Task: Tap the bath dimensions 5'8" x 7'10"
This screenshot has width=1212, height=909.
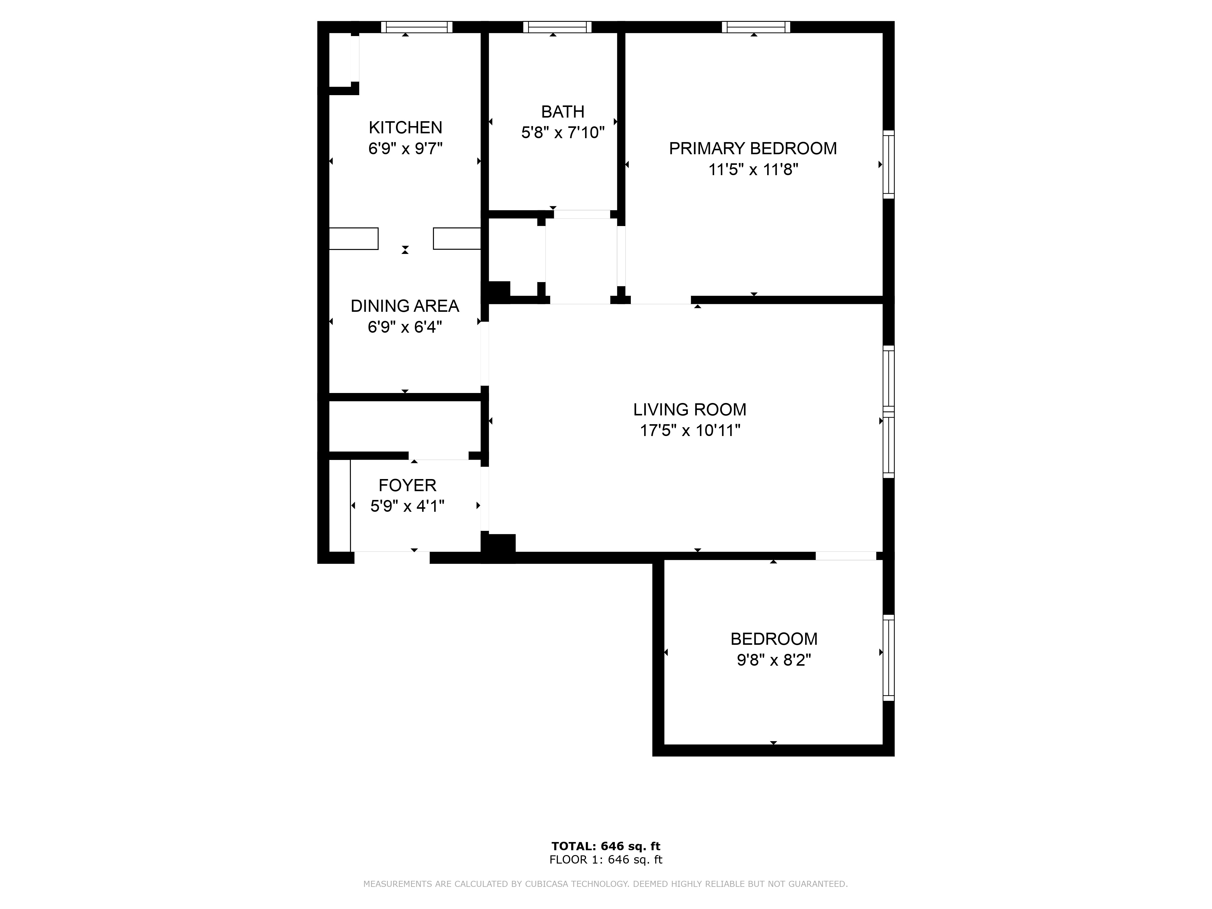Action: point(563,133)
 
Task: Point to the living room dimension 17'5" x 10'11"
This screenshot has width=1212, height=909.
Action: point(690,431)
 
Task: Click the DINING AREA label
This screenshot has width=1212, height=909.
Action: point(405,306)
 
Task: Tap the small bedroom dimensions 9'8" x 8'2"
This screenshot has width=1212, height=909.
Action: point(773,660)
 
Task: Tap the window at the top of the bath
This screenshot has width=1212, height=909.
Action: point(557,27)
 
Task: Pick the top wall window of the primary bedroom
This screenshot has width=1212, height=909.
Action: point(756,27)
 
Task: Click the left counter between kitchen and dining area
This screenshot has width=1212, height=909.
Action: point(353,238)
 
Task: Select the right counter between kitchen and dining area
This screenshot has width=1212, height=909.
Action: point(457,238)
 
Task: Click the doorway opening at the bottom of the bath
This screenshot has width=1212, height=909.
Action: point(582,214)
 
